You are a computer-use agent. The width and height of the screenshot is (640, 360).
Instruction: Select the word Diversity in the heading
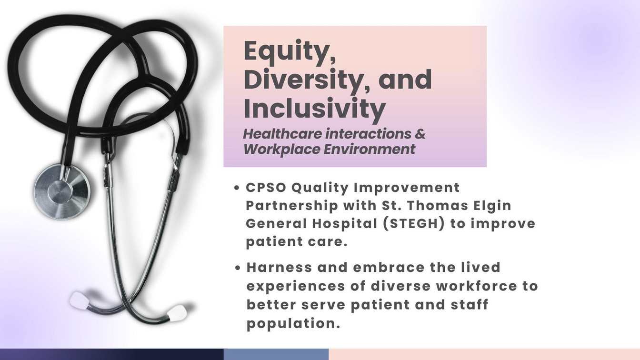(x=303, y=80)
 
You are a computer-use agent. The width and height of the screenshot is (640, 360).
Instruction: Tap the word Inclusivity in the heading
(x=315, y=109)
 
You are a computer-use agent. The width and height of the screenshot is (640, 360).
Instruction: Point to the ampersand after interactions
(x=420, y=134)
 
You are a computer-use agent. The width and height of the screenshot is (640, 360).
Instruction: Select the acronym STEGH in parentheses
(x=414, y=223)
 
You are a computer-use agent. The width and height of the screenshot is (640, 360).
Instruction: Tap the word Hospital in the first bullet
(x=345, y=224)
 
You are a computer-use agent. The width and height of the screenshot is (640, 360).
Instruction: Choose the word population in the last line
(x=293, y=324)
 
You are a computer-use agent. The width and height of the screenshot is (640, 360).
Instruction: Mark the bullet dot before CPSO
(x=236, y=188)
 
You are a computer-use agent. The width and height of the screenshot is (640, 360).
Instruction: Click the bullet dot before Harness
(x=237, y=268)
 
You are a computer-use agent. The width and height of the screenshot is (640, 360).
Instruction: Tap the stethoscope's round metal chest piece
(x=61, y=191)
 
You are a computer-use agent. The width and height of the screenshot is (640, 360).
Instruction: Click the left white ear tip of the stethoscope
(x=79, y=300)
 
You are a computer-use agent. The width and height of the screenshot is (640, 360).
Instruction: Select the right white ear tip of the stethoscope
(x=177, y=312)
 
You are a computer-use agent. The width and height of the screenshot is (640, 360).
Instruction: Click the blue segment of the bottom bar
(x=276, y=354)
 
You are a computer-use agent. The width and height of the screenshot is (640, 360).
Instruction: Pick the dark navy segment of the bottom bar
(x=112, y=354)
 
